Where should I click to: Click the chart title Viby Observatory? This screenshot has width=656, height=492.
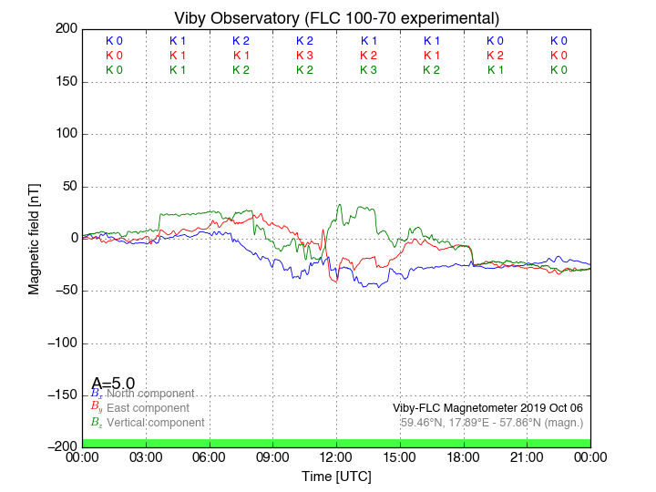point(336,18)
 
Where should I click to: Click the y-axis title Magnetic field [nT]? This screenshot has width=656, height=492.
point(34,237)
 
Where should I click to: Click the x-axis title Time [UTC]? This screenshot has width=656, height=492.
point(336,476)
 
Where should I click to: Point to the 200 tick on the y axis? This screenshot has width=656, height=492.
point(66,29)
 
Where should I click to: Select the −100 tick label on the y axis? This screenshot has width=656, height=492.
point(60,343)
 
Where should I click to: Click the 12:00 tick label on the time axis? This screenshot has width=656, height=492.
point(336,456)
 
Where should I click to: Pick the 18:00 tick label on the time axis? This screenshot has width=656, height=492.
point(463,456)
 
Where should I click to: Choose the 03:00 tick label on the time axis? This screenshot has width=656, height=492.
point(146,456)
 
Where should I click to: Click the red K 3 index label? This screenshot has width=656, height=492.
point(304,56)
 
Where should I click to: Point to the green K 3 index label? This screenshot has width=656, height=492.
point(368,70)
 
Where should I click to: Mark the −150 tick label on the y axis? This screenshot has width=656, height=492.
point(60,395)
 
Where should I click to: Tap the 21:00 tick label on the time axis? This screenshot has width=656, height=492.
point(527,456)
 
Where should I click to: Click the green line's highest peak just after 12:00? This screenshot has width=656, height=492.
point(340,205)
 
